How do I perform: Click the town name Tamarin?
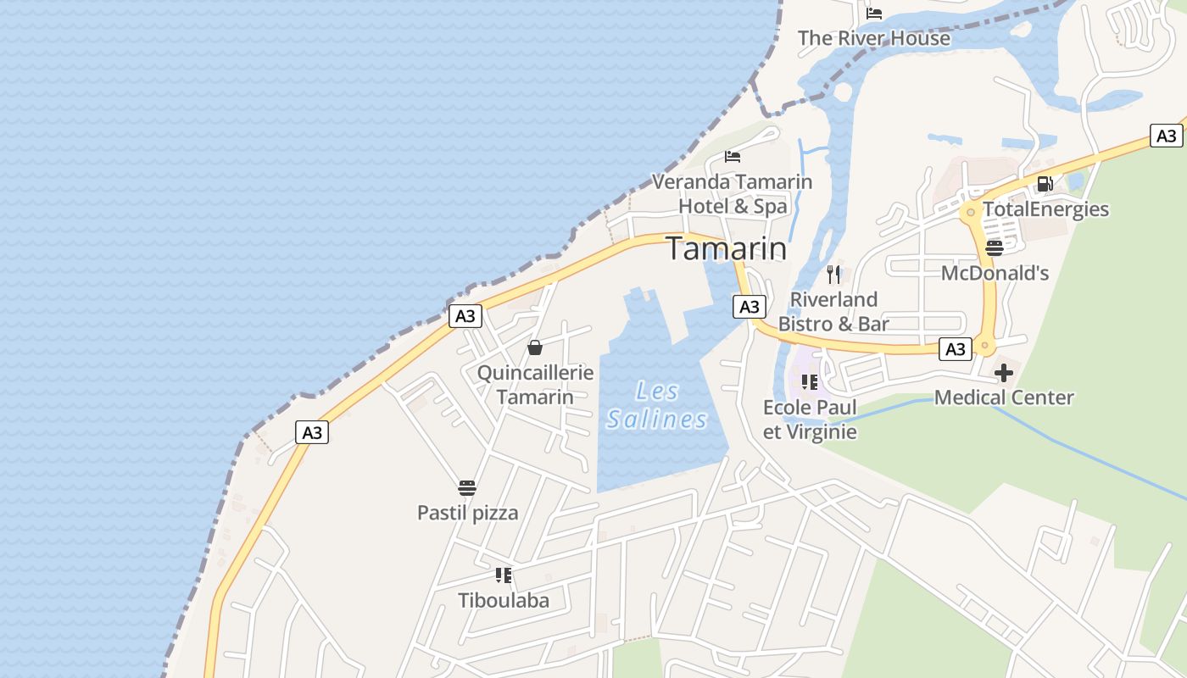click(x=726, y=248)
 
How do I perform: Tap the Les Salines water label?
click(x=657, y=405)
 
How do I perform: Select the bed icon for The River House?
click(x=874, y=14)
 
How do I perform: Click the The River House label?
click(x=874, y=38)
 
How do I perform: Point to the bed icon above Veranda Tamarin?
click(x=733, y=157)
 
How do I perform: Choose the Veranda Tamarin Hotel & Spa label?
click(x=733, y=194)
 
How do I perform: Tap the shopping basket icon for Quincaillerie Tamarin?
click(x=535, y=347)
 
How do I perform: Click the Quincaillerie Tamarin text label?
click(x=535, y=385)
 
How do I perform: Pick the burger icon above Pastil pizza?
click(x=467, y=488)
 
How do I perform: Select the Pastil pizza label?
click(x=467, y=513)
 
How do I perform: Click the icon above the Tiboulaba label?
click(x=504, y=576)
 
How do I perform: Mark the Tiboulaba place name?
click(x=504, y=601)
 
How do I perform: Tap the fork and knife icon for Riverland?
click(x=833, y=275)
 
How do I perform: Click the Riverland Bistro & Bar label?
click(x=833, y=311)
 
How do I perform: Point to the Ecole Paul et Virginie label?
click(x=810, y=420)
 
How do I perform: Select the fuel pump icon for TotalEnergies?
click(x=1045, y=184)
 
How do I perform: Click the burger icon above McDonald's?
click(x=995, y=248)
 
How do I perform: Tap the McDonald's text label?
click(x=995, y=273)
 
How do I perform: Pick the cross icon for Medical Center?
click(x=1004, y=373)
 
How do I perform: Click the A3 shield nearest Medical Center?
click(x=956, y=349)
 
